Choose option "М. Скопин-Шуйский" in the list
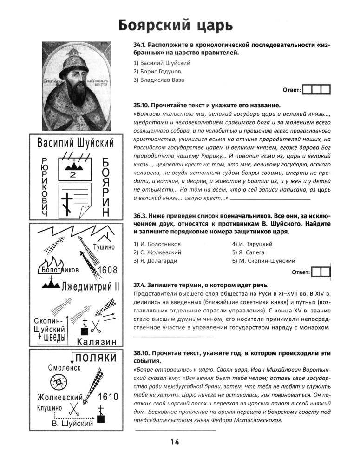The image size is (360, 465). [x=263, y=261]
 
